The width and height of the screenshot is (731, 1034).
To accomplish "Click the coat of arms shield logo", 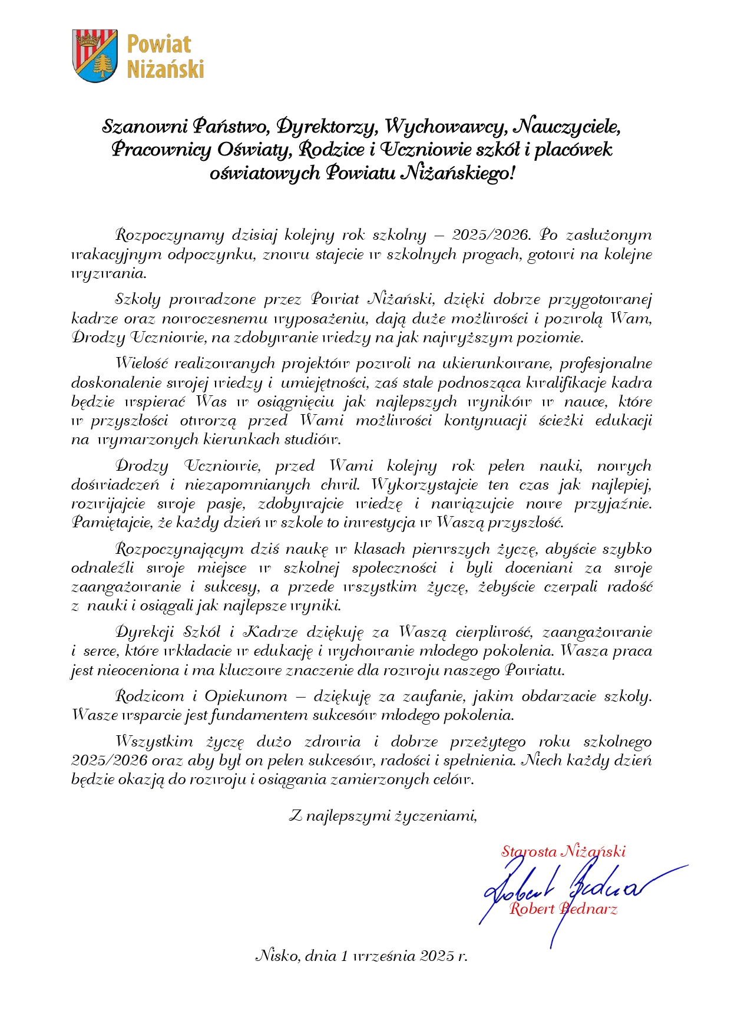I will click(x=94, y=56).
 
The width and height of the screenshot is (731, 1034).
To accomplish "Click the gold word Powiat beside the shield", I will click(x=159, y=44).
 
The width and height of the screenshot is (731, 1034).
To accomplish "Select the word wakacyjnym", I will click(x=116, y=255).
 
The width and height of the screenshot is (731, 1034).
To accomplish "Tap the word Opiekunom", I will click(x=246, y=696).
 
